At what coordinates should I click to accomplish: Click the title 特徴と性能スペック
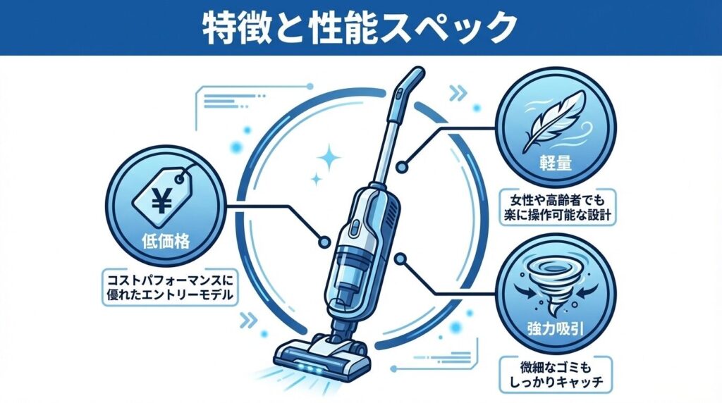click(x=360, y=28)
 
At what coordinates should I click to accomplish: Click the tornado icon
click(x=555, y=285)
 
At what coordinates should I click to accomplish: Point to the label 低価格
click(x=166, y=241)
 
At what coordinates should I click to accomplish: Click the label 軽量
click(x=556, y=163)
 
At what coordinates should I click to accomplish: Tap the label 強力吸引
click(x=556, y=329)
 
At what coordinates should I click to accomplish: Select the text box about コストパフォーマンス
click(x=170, y=287)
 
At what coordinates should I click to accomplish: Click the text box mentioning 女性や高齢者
click(x=558, y=207)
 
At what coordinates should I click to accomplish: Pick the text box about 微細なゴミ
click(x=556, y=375)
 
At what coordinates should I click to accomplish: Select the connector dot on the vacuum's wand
click(x=401, y=166)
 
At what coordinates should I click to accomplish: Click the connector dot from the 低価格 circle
click(x=324, y=242)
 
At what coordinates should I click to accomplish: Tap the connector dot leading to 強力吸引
click(x=400, y=259)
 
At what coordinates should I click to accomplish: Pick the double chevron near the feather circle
click(x=458, y=94)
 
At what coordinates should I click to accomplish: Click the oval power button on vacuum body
click(x=356, y=226)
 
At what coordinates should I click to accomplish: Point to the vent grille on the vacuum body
click(x=391, y=216)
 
